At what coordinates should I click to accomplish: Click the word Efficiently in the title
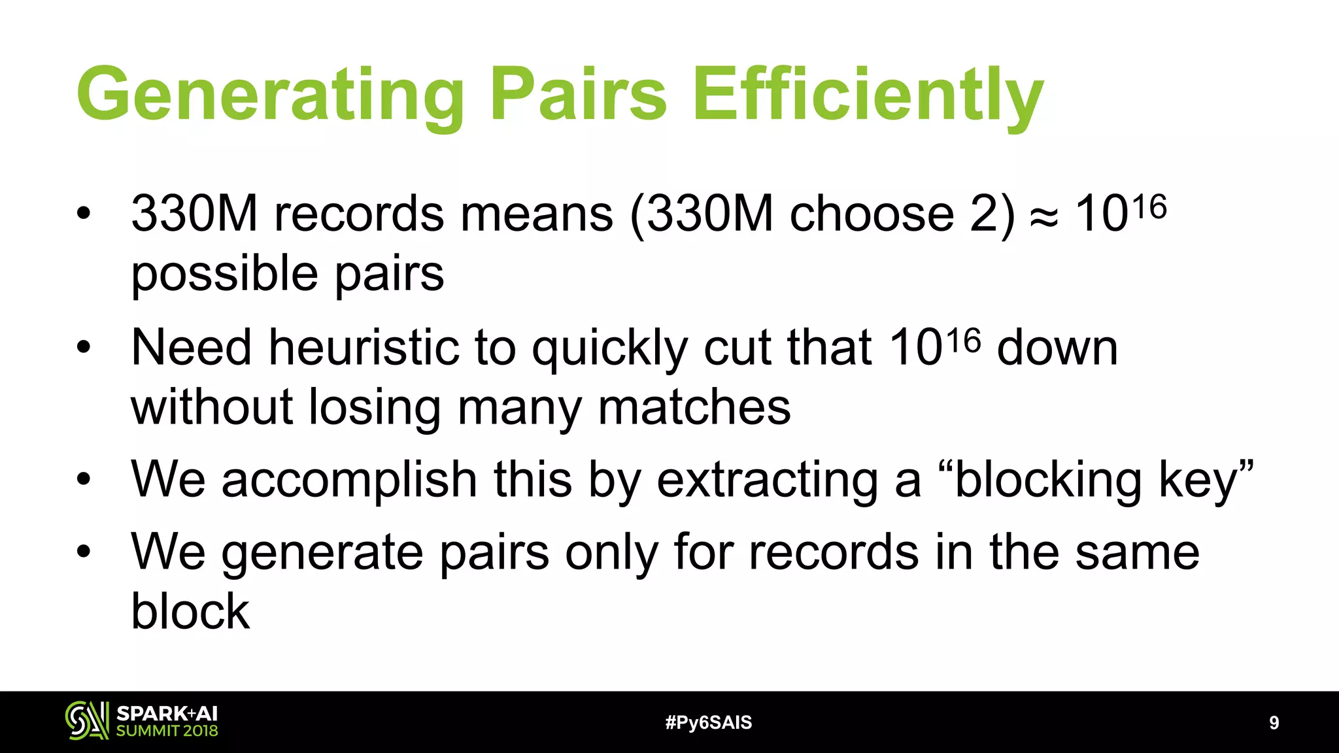(867, 95)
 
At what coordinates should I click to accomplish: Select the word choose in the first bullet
(872, 214)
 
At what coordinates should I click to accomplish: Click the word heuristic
(364, 348)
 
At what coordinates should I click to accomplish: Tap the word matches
(694, 408)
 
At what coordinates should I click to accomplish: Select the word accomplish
(350, 481)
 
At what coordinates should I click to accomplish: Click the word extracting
(768, 481)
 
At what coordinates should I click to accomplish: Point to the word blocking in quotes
(1047, 481)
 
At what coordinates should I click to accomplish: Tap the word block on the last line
(190, 612)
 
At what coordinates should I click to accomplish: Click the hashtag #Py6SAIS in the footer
(708, 723)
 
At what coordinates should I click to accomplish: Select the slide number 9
(1274, 723)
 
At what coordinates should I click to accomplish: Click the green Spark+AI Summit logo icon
(86, 721)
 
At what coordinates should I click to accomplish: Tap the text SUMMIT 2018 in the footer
(167, 731)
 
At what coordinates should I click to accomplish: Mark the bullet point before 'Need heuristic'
(83, 348)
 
